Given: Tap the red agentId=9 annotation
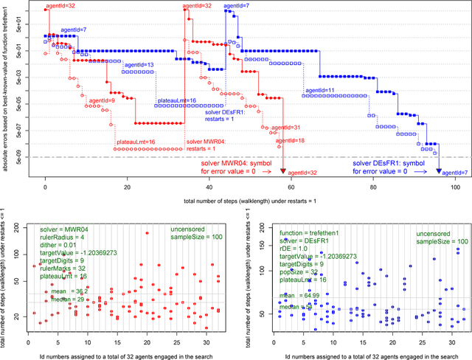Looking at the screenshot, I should tap(101, 100).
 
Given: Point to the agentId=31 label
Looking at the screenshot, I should tap(287, 128).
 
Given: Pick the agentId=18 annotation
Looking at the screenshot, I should tap(290, 140).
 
